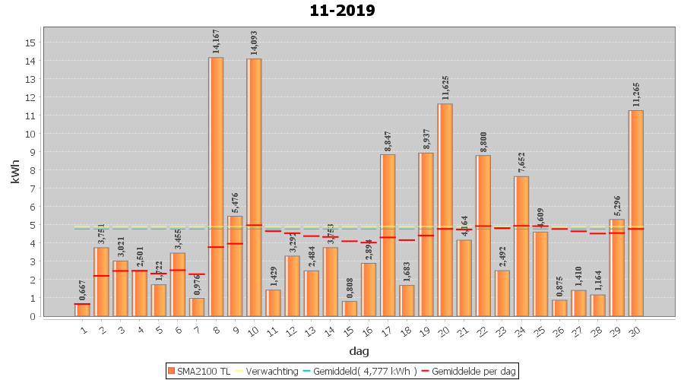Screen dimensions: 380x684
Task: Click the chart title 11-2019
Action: (x=342, y=11)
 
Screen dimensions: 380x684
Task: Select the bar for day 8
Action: (x=216, y=186)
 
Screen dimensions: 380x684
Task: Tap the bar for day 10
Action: (x=254, y=187)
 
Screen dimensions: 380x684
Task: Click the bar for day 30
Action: (x=636, y=213)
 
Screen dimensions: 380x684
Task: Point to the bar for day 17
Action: (x=388, y=235)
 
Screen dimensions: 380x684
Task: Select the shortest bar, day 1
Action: (x=82, y=310)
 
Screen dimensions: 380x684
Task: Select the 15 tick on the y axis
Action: (x=30, y=43)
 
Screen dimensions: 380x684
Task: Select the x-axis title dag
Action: (x=359, y=351)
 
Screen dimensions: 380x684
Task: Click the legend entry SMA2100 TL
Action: (x=200, y=372)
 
